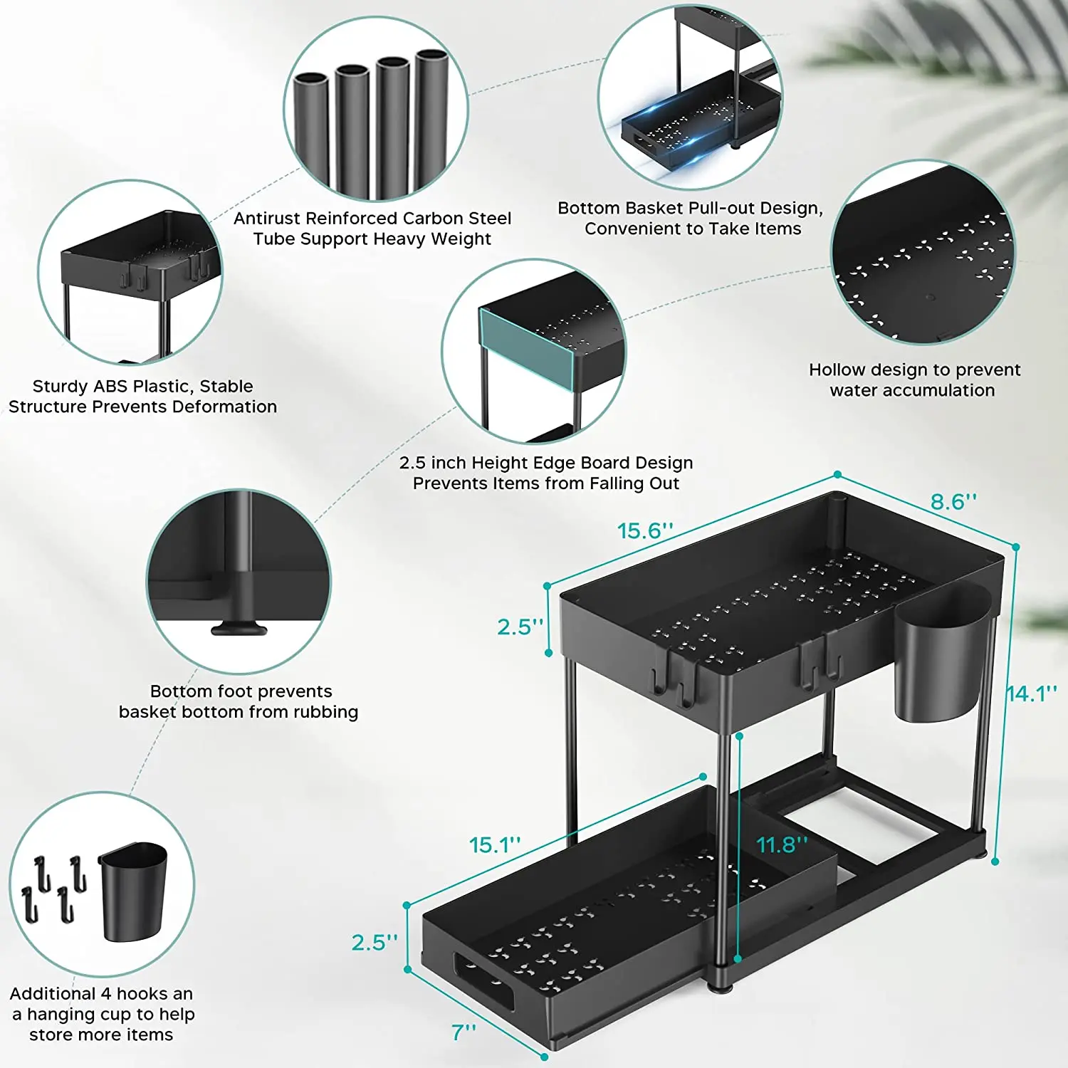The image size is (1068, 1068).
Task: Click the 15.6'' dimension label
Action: coord(645,531)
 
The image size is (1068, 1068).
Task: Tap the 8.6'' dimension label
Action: coord(953,502)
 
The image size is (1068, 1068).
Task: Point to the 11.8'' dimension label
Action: coord(782,844)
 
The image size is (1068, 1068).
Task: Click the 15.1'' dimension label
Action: coord(495,845)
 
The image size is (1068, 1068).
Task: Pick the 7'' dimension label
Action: coord(464,1032)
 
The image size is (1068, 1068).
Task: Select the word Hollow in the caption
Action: coord(837,370)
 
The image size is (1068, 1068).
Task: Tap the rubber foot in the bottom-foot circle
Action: coord(239,629)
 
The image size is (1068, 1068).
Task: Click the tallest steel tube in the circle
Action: coord(431,121)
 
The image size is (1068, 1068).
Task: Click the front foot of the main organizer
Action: coord(721,985)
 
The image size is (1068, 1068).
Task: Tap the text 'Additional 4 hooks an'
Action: coord(101,994)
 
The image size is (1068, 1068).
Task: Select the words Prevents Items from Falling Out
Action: coord(546,484)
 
